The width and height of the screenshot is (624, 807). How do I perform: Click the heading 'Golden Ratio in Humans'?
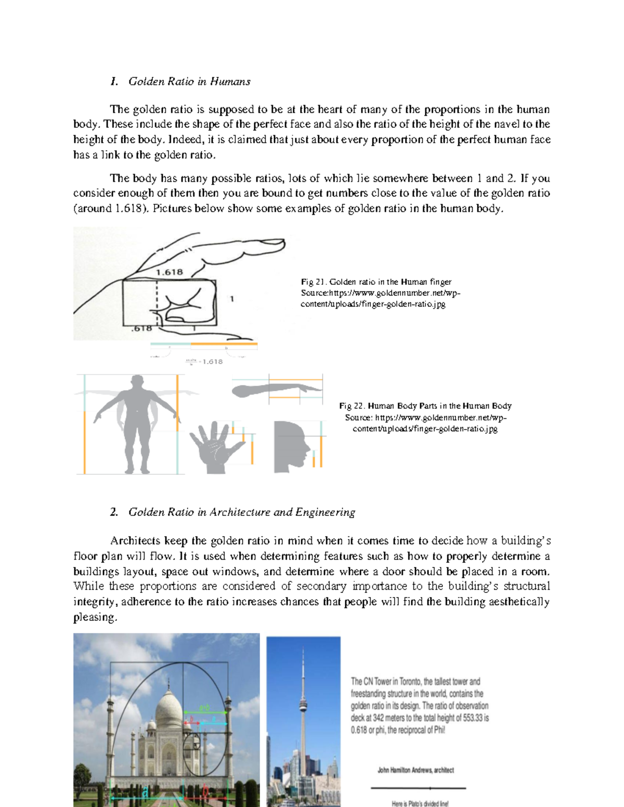(189, 82)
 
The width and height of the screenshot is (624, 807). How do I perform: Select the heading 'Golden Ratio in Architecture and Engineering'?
(241, 512)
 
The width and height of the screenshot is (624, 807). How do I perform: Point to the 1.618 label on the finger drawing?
(170, 272)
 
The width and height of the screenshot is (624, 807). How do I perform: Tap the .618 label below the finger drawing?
(141, 328)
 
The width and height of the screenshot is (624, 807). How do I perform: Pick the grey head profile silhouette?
(291, 446)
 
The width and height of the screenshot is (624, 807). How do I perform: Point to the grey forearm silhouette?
(270, 390)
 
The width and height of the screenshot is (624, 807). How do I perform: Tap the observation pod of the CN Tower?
(303, 706)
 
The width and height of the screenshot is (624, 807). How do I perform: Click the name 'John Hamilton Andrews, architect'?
(415, 770)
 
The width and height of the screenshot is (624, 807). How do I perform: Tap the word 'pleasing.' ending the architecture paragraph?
(95, 617)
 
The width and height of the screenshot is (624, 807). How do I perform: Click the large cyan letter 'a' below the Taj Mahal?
(145, 792)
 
